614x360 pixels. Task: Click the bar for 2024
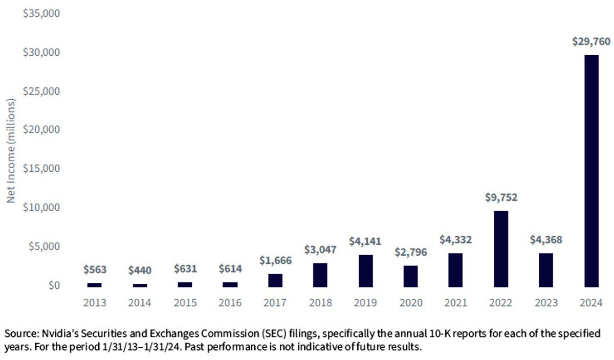point(591,171)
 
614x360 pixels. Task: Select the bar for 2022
point(501,249)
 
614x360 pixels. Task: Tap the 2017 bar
point(275,281)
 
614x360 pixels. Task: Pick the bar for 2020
point(410,277)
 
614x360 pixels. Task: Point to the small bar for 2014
point(140,285)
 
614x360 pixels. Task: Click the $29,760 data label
point(591,41)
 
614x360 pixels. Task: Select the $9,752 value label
point(501,197)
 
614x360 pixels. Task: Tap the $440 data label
point(140,271)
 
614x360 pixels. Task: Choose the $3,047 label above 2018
point(320,250)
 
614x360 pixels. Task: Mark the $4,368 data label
point(546,240)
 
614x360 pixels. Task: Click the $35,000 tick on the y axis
point(41,13)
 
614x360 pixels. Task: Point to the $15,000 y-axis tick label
point(41,168)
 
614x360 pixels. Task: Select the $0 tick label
point(54,285)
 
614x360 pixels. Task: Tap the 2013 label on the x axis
point(95,303)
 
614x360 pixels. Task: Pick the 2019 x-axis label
point(365,303)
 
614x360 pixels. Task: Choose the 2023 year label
point(546,303)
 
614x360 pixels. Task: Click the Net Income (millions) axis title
point(11,151)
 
